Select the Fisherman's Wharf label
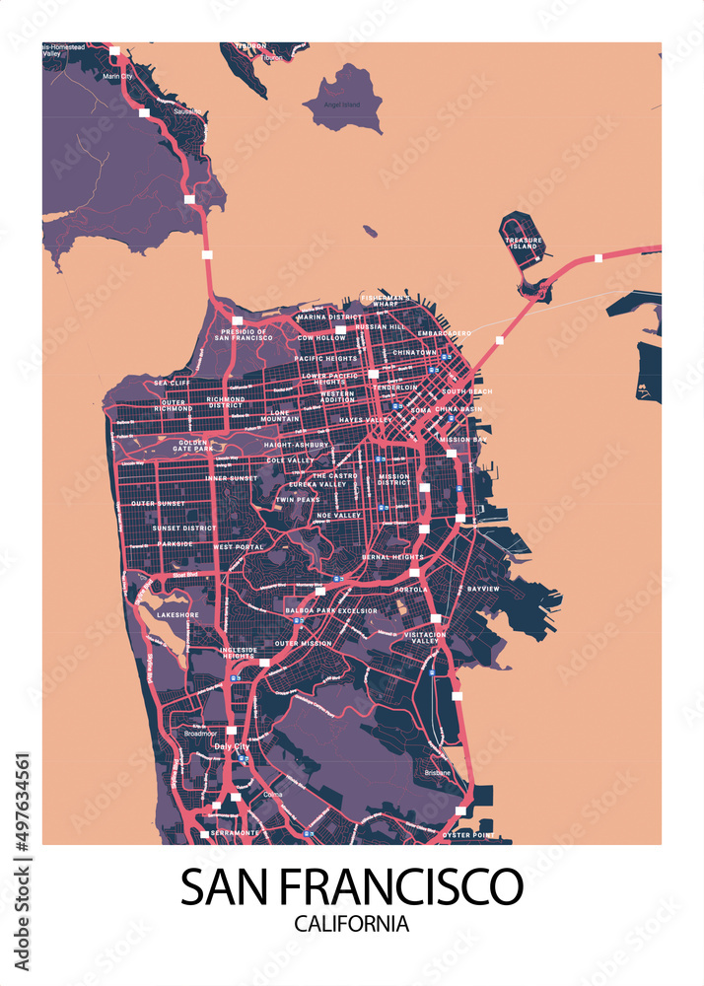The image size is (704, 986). [x=386, y=301]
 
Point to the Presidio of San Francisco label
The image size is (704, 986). [x=244, y=334]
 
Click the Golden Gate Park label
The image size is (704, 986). [x=193, y=446]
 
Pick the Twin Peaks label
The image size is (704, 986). [x=298, y=500]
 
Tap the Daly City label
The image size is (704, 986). [x=232, y=747]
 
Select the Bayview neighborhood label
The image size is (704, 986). [x=483, y=589]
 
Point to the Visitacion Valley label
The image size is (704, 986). [x=425, y=638]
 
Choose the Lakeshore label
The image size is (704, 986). [x=177, y=614]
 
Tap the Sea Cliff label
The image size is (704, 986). [x=172, y=383]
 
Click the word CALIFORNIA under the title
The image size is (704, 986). [x=351, y=924]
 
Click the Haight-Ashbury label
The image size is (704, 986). [x=297, y=445]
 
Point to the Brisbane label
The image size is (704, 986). [x=438, y=773]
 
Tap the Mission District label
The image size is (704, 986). [x=393, y=479]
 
